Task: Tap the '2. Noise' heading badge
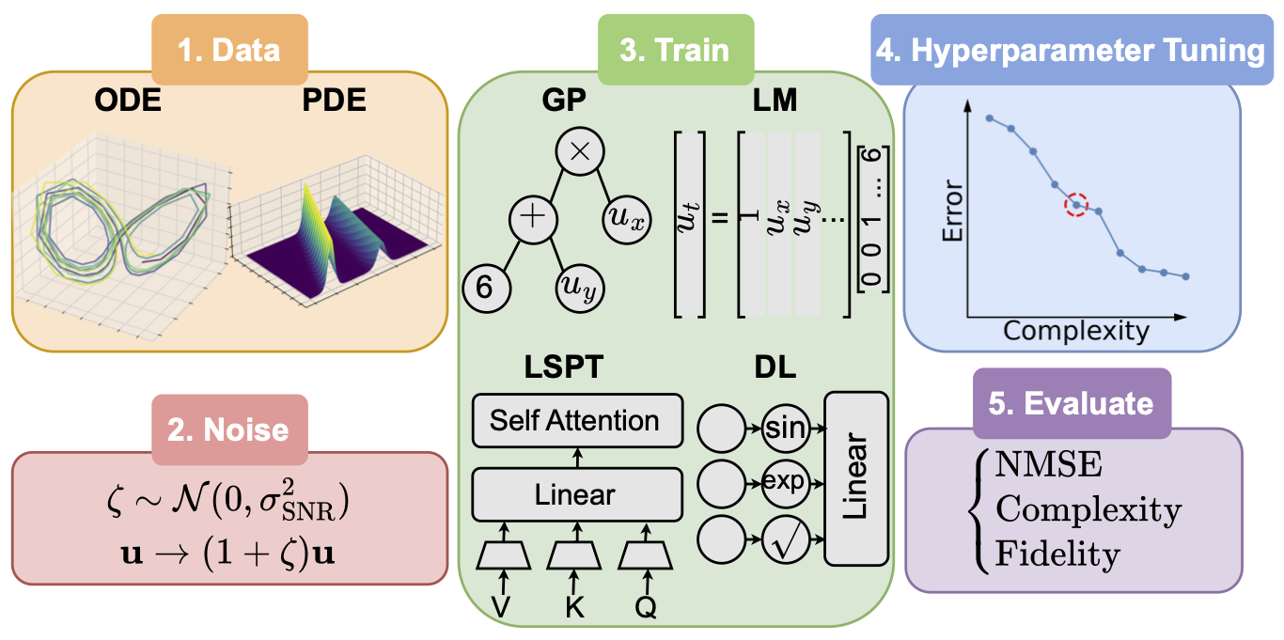(x=229, y=429)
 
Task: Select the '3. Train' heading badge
(x=675, y=48)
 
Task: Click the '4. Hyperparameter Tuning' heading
(x=1070, y=50)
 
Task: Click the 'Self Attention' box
(x=575, y=420)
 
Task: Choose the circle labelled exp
(x=785, y=482)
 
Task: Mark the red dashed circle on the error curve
(x=1076, y=204)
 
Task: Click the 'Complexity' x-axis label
(x=1075, y=331)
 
